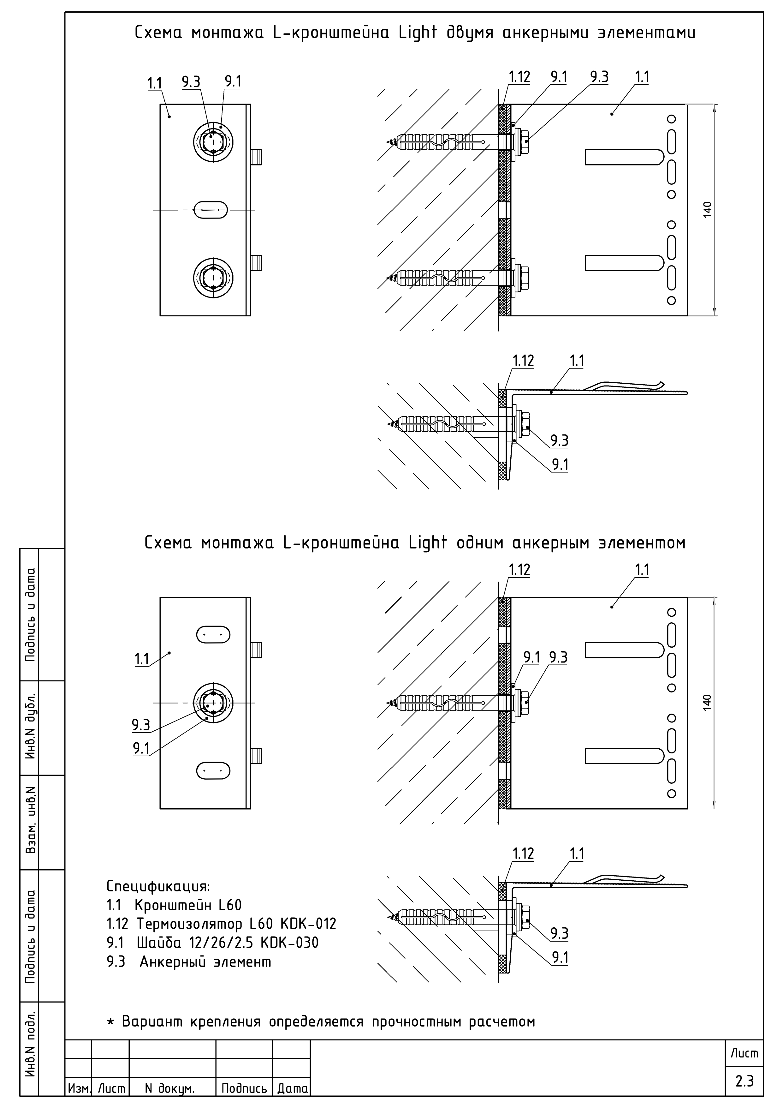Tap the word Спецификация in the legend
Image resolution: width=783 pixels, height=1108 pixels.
tap(158, 887)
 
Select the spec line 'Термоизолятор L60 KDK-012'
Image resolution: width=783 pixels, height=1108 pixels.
tap(236, 924)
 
